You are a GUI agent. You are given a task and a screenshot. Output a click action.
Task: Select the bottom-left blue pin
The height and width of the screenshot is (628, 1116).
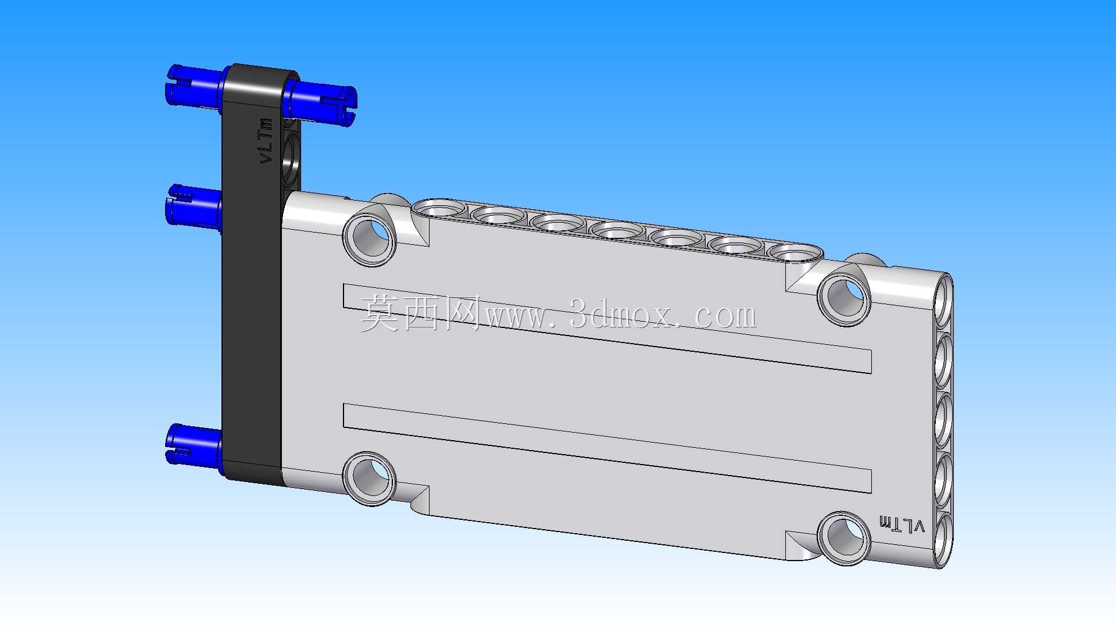194,445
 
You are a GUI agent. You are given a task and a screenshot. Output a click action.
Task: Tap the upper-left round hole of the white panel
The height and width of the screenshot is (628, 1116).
370,240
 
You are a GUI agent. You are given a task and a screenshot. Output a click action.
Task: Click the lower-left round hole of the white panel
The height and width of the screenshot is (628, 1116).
370,478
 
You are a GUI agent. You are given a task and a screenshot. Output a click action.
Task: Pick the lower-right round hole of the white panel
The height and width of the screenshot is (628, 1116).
844,538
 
